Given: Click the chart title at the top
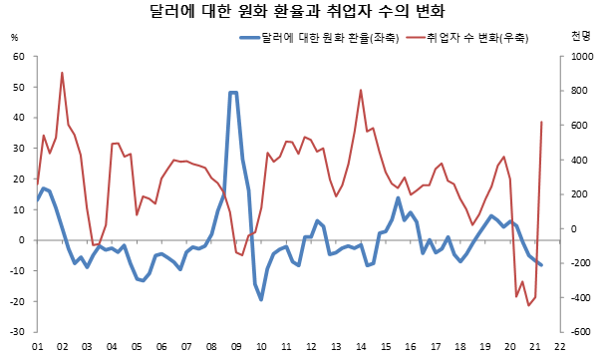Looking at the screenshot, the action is point(297,11).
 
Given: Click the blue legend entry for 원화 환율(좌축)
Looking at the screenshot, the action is point(320,38).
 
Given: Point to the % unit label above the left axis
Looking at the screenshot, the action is point(15,38).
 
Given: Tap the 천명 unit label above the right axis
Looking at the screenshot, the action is point(581,37).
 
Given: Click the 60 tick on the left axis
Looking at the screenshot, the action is point(19,57).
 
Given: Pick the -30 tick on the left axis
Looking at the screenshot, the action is point(17,332).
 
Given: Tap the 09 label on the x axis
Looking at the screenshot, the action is point(236,347).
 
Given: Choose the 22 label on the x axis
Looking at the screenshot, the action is point(560,347).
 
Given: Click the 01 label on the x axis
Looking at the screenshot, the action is point(37,347).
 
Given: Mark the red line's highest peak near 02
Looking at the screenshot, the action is point(62,73).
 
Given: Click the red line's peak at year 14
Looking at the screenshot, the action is point(361,91).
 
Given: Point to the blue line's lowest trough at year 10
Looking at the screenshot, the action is point(261,300).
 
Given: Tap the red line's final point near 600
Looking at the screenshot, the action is point(541,122).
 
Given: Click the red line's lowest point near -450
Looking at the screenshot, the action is point(529,305).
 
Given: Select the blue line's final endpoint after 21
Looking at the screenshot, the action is point(541,265).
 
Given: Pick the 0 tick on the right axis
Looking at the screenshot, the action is point(574,228).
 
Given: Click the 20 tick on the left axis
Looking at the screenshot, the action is point(19,179).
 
